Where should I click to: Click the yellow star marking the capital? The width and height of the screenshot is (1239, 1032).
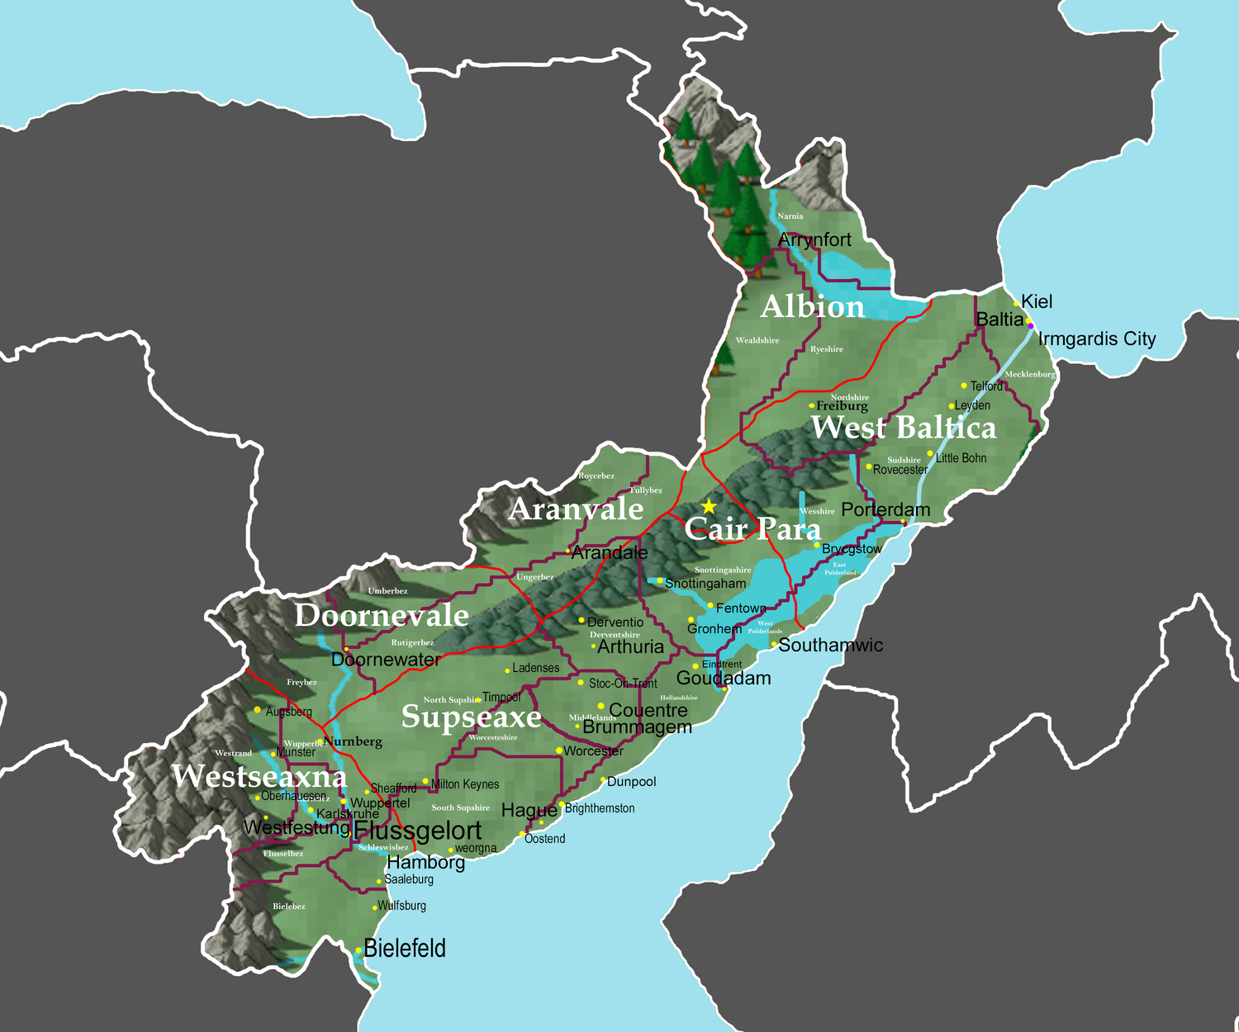coord(709,506)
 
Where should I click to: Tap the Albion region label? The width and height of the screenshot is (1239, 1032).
coord(812,307)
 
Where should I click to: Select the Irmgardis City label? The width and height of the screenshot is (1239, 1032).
coord(1096,339)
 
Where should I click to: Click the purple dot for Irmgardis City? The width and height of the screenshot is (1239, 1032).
coord(1031,326)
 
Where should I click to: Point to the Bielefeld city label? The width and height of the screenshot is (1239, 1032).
coord(405,949)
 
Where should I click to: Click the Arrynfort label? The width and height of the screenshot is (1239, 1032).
coord(814,240)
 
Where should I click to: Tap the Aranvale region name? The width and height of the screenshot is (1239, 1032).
coord(576,509)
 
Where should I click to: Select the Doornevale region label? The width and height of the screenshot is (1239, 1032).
coord(382,616)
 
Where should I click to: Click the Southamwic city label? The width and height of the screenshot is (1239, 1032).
coord(830,646)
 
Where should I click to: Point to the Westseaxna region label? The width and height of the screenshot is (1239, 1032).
coord(259,777)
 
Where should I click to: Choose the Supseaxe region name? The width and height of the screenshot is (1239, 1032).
coord(471,717)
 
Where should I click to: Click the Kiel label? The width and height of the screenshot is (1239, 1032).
coord(1037,302)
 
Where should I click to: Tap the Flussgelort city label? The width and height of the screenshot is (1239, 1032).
coord(418,831)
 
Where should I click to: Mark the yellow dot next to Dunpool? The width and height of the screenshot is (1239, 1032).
coord(603,780)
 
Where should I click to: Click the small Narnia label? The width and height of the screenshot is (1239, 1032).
coord(790,216)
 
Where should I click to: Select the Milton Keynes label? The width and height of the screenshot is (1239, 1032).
coord(465,784)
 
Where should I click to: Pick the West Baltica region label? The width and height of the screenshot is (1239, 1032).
coord(904,428)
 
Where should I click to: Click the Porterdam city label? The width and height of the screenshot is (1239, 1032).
coord(885,510)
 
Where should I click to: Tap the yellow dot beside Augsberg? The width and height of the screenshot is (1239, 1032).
coord(258,710)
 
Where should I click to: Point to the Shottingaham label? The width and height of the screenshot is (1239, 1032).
coord(705,584)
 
